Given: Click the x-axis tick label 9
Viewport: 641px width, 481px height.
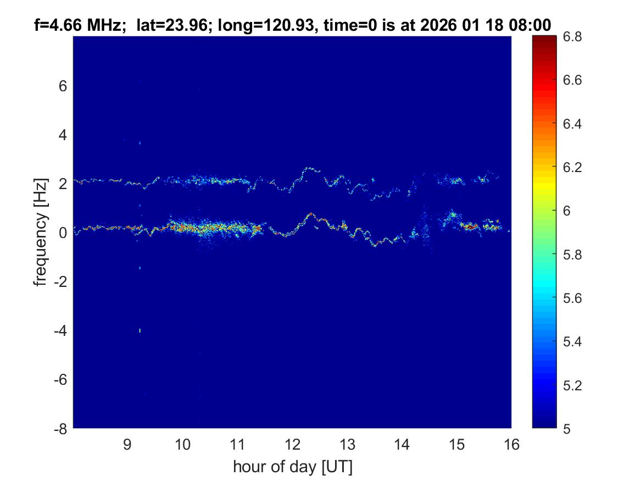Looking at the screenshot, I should [127, 444].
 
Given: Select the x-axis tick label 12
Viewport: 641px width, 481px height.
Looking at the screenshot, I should [292, 444].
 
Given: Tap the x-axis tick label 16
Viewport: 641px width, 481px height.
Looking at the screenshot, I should [511, 444].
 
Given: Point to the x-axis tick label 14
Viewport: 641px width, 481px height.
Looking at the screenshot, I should [402, 444].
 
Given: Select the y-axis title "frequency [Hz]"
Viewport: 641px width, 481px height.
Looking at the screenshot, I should [40, 233].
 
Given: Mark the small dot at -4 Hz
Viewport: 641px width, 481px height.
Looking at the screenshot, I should [140, 330].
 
